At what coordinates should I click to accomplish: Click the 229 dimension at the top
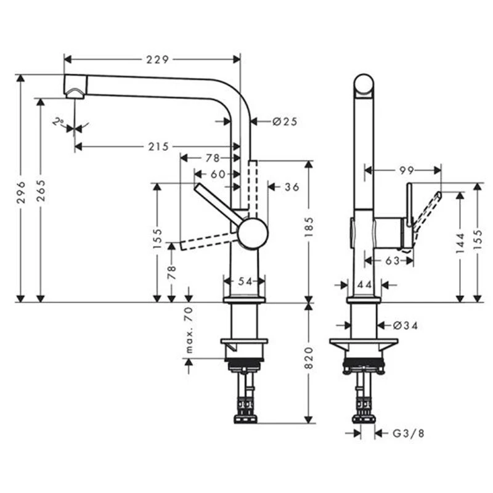tap(158, 59)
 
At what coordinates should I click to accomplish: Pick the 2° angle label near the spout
tap(57, 122)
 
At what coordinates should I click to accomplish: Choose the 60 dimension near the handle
tap(218, 174)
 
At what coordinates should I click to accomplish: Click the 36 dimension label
tap(291, 187)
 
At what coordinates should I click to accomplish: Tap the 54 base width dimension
tap(246, 281)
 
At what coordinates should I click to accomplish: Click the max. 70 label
tap(189, 333)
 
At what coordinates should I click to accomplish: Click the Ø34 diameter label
tap(404, 325)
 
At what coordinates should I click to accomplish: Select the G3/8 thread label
tap(408, 433)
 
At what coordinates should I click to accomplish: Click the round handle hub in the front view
tap(253, 234)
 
